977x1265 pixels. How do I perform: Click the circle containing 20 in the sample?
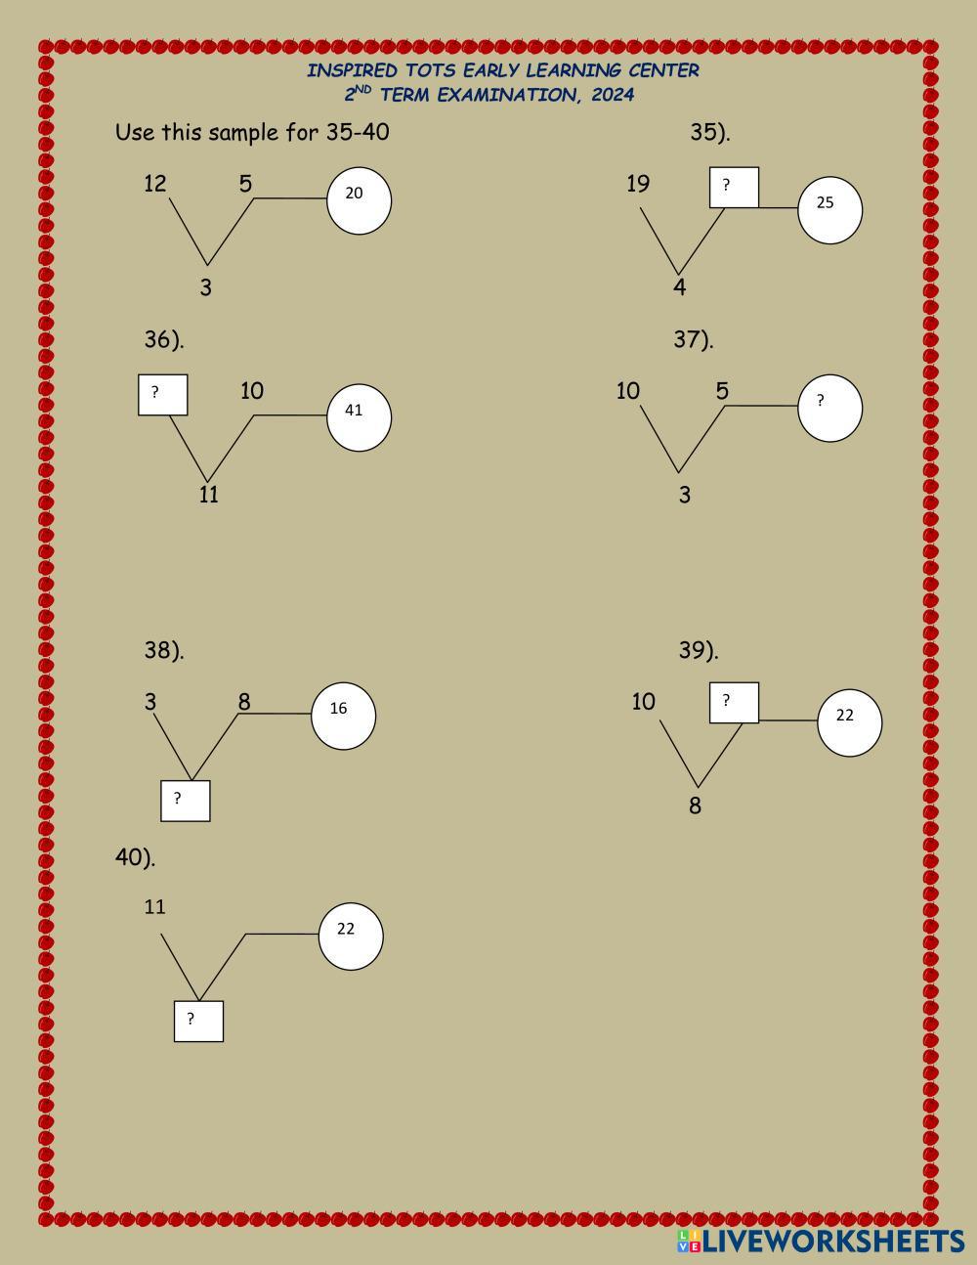pyautogui.click(x=359, y=200)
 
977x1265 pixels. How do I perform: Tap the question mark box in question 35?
pyautogui.click(x=734, y=187)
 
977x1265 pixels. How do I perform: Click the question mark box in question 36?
pyautogui.click(x=162, y=394)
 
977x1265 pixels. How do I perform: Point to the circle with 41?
pyautogui.click(x=359, y=417)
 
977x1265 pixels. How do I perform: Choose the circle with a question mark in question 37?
pyautogui.click(x=829, y=408)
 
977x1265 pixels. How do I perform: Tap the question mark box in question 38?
pyautogui.click(x=186, y=801)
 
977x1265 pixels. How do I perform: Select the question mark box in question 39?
pyautogui.click(x=733, y=703)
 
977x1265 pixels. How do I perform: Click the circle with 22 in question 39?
pyautogui.click(x=849, y=722)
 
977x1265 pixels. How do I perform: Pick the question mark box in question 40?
pyautogui.click(x=198, y=1021)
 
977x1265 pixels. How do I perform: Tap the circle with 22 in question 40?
pyautogui.click(x=351, y=936)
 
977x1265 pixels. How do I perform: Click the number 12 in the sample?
pyautogui.click(x=155, y=184)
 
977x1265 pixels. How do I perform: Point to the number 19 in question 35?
pyautogui.click(x=638, y=184)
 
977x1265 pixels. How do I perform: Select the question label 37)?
pyautogui.click(x=694, y=339)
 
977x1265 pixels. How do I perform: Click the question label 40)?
pyautogui.click(x=135, y=857)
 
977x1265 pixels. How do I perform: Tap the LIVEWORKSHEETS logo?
pyautogui.click(x=821, y=1242)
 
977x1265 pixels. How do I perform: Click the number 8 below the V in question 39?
pyautogui.click(x=695, y=807)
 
